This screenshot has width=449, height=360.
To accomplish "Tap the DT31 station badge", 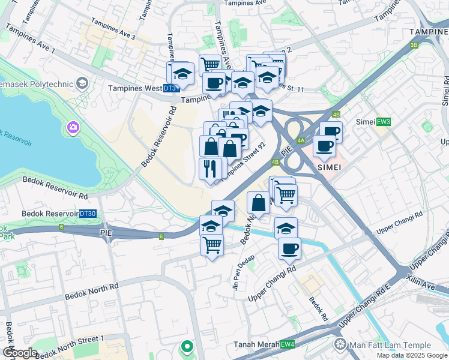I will tap(171, 88).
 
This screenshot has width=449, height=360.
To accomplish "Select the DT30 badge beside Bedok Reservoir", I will tap(88, 214).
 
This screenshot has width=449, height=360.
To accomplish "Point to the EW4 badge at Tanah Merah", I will tap(288, 344).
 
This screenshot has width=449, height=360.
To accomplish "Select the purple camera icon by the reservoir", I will tap(73, 127).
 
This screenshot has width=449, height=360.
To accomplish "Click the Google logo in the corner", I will tap(19, 353).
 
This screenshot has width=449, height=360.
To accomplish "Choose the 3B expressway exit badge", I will tap(414, 44).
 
